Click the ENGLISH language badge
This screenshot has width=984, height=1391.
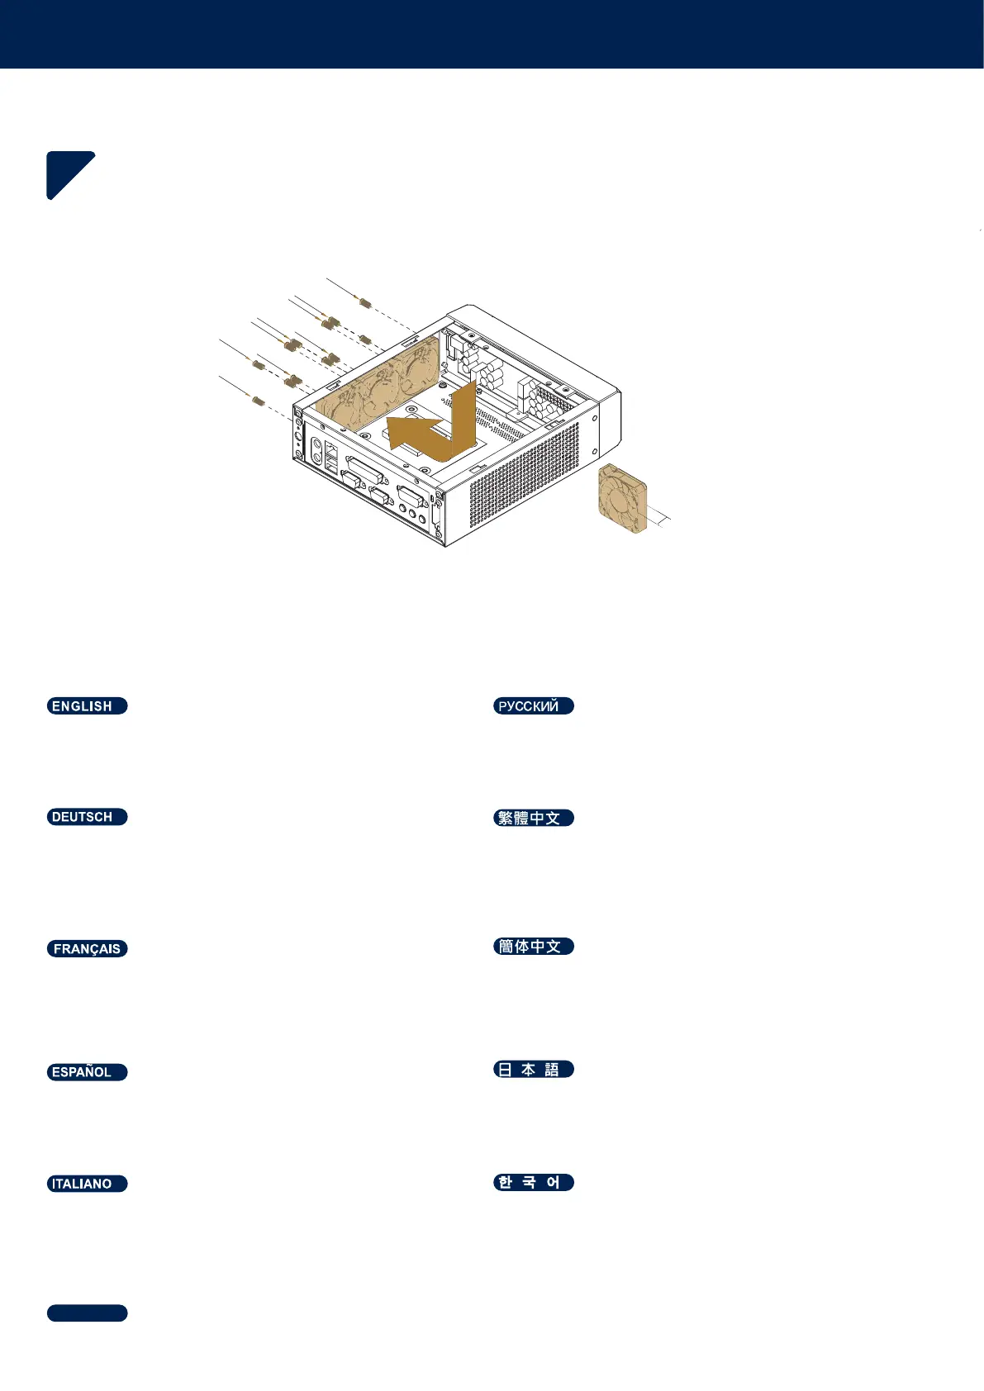pos(87,705)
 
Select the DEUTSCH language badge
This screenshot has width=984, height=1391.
pos(87,817)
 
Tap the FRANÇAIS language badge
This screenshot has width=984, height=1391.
pos(87,948)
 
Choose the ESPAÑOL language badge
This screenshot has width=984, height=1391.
pos(87,1072)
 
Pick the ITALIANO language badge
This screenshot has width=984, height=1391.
pos(87,1184)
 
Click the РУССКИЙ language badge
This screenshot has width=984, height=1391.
pos(533,705)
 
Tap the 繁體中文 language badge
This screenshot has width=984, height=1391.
pos(533,818)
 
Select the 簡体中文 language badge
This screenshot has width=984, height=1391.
pos(533,946)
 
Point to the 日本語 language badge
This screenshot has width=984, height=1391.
pos(533,1069)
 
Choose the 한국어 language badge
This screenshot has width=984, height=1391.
pos(533,1182)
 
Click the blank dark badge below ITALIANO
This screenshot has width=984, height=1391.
pos(87,1313)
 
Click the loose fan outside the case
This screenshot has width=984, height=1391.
pos(622,498)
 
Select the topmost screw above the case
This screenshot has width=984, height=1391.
pos(364,300)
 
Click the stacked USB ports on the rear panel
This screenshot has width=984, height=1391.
pos(332,458)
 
